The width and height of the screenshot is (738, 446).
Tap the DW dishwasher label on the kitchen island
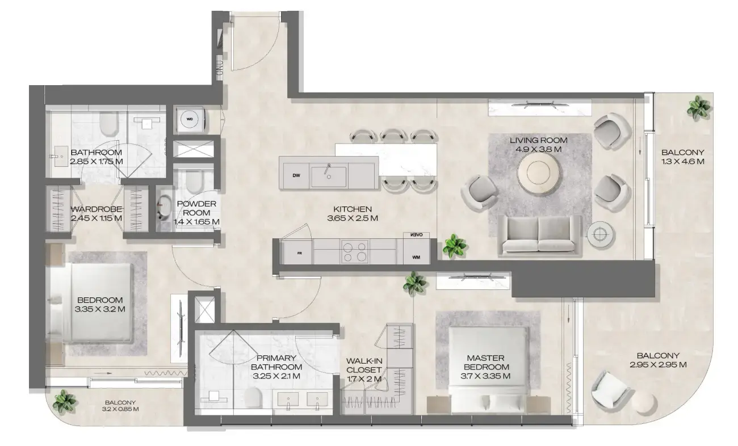[296, 175]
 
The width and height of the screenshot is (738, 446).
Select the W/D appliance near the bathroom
[188, 119]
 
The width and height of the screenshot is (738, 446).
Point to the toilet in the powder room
[191, 182]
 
